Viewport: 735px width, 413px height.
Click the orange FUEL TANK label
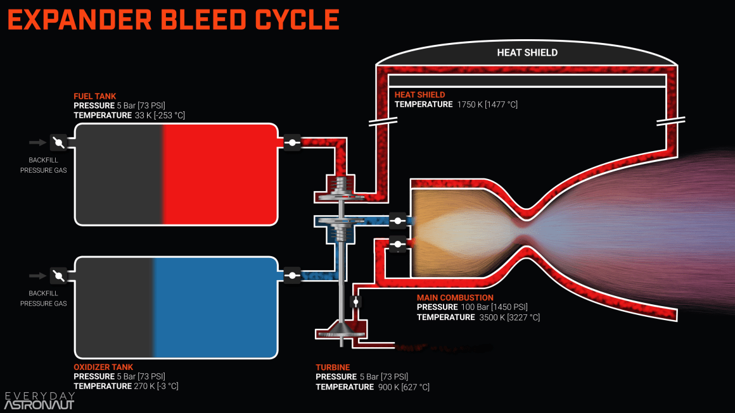tap(95, 96)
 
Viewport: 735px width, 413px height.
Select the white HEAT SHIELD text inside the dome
tap(527, 52)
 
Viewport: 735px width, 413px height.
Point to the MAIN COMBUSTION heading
tap(455, 297)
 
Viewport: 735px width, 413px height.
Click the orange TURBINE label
tap(333, 367)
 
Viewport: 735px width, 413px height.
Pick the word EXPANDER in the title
tap(79, 20)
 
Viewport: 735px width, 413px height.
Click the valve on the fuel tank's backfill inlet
tap(58, 143)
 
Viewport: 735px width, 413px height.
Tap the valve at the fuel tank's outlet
tap(292, 143)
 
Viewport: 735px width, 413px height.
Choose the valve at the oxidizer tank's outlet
tap(292, 275)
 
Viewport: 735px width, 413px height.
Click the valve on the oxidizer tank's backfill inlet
tap(58, 275)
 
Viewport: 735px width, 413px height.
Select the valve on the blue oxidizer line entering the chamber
tap(398, 221)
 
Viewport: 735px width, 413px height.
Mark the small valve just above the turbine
tap(355, 302)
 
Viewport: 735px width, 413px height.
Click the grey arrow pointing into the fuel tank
tap(38, 143)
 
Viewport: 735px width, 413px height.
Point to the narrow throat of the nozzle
tap(527, 226)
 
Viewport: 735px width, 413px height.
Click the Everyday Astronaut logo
tap(39, 400)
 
